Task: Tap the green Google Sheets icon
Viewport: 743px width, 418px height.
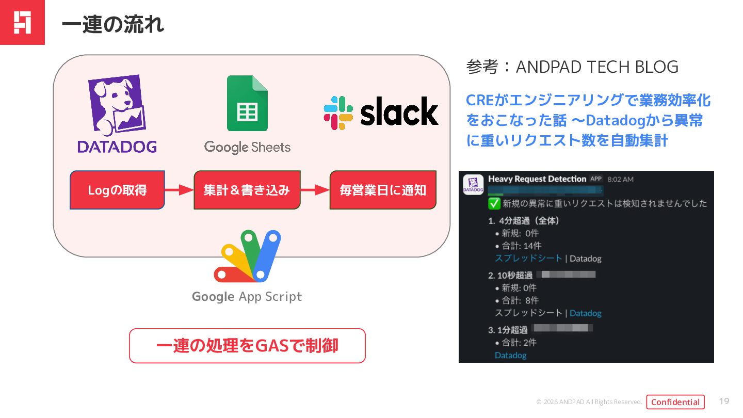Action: (x=247, y=103)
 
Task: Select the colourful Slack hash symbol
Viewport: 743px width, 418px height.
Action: (x=338, y=112)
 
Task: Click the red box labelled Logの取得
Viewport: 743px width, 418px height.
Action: (x=117, y=190)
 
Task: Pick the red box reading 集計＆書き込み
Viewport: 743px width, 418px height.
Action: (x=247, y=190)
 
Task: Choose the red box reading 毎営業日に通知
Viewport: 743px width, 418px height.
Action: (x=382, y=190)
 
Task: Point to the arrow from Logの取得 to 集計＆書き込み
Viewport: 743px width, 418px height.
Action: (x=179, y=190)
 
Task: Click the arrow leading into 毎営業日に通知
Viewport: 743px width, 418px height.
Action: (x=315, y=190)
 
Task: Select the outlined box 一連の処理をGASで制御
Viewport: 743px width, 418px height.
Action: (x=247, y=346)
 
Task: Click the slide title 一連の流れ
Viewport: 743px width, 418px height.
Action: (x=112, y=24)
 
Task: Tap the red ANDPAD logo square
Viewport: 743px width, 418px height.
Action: (x=22, y=22)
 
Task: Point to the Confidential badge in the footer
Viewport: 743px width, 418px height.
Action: (x=675, y=402)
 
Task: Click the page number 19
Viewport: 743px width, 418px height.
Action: (x=724, y=401)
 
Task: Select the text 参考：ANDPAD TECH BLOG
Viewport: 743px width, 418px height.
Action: (x=572, y=67)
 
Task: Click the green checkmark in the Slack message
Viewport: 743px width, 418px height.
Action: (x=494, y=203)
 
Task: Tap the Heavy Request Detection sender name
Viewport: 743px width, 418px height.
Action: (x=537, y=179)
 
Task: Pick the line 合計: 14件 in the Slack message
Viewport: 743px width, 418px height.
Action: (x=521, y=246)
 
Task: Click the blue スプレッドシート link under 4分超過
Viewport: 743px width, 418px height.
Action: (x=528, y=258)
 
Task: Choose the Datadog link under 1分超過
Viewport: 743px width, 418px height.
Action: (x=510, y=355)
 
